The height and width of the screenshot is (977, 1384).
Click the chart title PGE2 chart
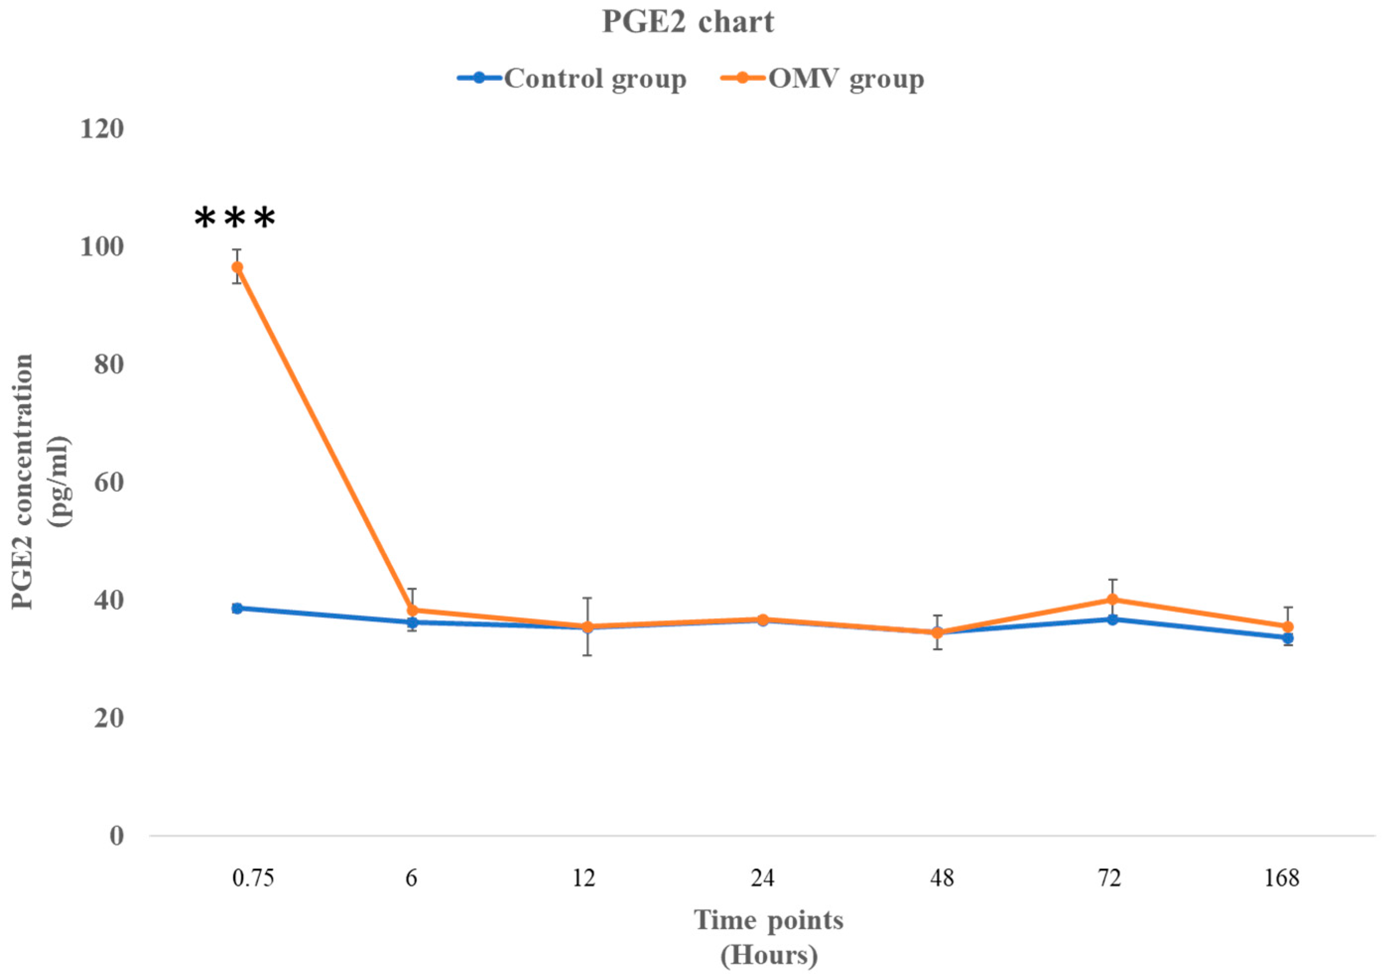[x=688, y=23]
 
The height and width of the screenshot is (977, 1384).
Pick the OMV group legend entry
[x=823, y=79]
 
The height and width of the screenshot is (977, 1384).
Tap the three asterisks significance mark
[x=235, y=218]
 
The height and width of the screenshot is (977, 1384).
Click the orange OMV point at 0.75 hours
[x=238, y=267]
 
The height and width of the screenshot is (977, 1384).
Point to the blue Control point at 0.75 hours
[x=238, y=608]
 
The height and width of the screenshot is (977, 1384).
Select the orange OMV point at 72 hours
[x=1112, y=600]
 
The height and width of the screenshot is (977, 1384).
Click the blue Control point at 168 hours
[x=1287, y=638]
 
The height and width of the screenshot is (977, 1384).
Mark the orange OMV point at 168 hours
[x=1287, y=627]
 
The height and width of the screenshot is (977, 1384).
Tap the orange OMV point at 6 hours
[x=412, y=611]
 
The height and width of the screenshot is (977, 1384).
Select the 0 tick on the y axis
[x=117, y=837]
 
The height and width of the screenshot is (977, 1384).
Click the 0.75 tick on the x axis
[x=253, y=879]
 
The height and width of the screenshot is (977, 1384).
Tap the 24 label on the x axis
[x=762, y=879]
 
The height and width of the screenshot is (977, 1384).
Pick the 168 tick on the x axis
[x=1281, y=879]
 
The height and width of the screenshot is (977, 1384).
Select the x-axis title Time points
[x=768, y=921]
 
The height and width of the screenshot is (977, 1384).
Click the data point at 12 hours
[x=587, y=627]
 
